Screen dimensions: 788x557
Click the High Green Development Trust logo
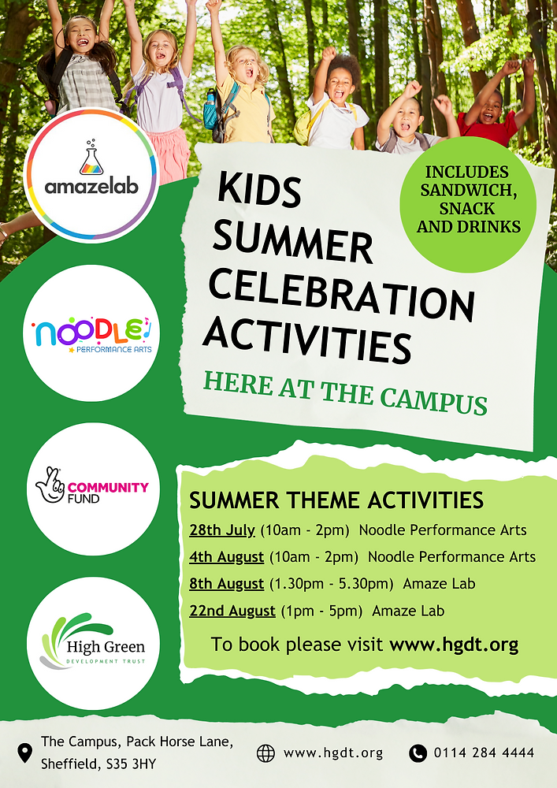tap(87, 642)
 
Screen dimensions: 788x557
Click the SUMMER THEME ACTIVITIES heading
tap(336, 500)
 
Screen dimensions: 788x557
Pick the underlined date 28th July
tap(222, 530)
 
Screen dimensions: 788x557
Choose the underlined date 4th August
tap(226, 556)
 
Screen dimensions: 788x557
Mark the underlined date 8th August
tap(226, 584)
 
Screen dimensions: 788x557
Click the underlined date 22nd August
tap(232, 611)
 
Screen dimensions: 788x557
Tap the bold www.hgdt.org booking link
tap(454, 645)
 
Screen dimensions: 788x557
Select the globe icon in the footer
tap(266, 753)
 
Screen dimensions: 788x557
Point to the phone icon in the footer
tap(418, 753)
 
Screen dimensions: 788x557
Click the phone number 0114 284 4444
tap(484, 753)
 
